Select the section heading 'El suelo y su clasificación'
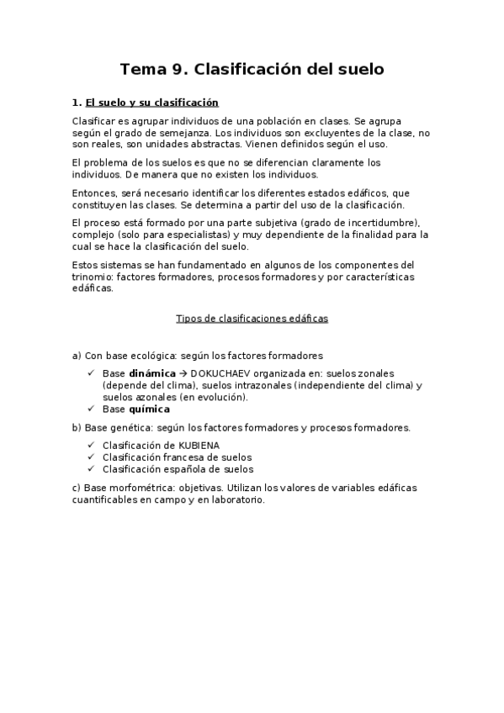pos(152,103)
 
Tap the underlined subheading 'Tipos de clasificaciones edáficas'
pos(252,319)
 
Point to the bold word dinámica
pos(152,372)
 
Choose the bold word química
pos(149,409)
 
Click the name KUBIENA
pos(206,445)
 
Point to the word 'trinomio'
pos(93,277)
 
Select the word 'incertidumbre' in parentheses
pos(378,223)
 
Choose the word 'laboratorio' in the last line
pos(237,499)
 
